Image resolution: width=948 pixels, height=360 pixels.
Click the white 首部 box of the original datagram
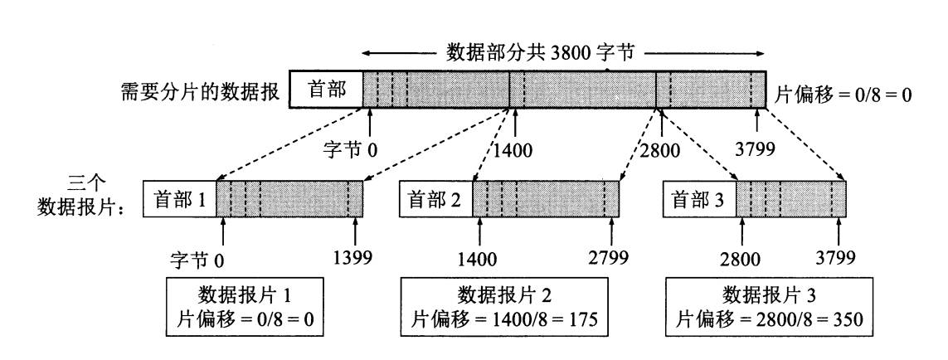pyautogui.click(x=327, y=89)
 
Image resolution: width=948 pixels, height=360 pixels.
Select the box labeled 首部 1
pyautogui.click(x=180, y=199)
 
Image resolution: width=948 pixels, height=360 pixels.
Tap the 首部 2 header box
pyautogui.click(x=436, y=199)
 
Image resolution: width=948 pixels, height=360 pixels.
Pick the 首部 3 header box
pyautogui.click(x=700, y=199)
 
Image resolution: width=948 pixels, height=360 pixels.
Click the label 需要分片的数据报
pyautogui.click(x=201, y=90)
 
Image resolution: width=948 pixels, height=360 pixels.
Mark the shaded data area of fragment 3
pyautogui.click(x=790, y=199)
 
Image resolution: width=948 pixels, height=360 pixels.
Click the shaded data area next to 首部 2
pyautogui.click(x=546, y=199)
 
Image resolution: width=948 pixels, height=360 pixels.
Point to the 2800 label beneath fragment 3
pyautogui.click(x=740, y=258)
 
